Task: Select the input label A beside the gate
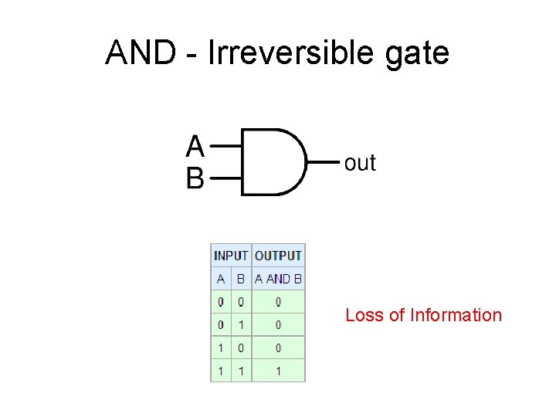[x=195, y=146]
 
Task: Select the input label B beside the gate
[x=195, y=179]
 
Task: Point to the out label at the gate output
[x=360, y=163]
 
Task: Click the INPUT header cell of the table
[x=231, y=256]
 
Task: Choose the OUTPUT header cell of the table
[x=278, y=256]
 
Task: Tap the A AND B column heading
[x=278, y=279]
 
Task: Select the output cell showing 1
[x=278, y=371]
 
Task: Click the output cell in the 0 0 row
[x=278, y=302]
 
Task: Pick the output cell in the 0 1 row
[x=278, y=325]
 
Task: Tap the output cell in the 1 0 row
[x=278, y=348]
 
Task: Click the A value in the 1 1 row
[x=221, y=371]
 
